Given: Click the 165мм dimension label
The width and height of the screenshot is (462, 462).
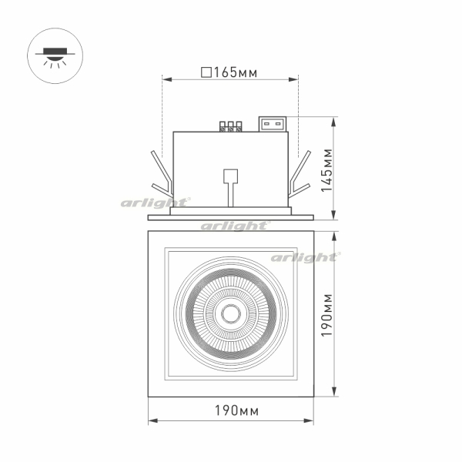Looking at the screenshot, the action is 236,72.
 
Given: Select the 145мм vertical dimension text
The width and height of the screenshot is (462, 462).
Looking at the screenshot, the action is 326,170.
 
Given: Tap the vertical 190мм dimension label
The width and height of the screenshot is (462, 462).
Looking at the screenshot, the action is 326,315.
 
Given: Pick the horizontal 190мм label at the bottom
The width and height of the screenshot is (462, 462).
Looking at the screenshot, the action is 236,410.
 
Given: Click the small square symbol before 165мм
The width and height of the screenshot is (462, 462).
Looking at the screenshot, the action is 206,72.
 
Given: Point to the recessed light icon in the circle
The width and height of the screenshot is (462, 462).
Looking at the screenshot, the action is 55,57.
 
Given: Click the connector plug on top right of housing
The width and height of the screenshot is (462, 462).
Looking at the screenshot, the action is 273,124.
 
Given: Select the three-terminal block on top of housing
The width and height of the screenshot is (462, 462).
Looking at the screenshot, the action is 231,126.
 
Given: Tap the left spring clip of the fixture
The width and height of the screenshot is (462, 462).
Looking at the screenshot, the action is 162,174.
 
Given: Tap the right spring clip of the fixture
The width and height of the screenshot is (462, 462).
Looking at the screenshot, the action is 300,174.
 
